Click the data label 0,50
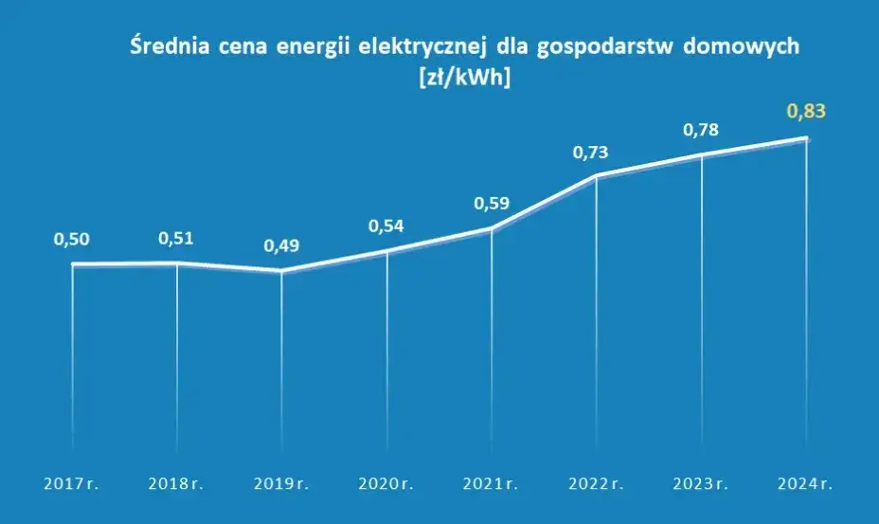click(x=71, y=241)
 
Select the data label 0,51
click(x=176, y=238)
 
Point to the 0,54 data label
click(x=386, y=226)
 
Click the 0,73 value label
click(x=596, y=152)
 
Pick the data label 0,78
click(x=701, y=130)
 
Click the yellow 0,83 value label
click(x=806, y=112)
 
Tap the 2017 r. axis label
click(x=71, y=484)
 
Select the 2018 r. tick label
click(x=176, y=484)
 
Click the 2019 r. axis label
click(x=281, y=484)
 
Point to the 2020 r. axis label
click(x=386, y=484)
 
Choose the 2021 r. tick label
click(x=491, y=484)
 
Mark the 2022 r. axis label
click(x=596, y=484)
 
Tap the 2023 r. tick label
click(x=701, y=484)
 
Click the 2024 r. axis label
click(x=806, y=484)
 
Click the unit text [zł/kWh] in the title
click(x=463, y=79)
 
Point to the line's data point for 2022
click(x=596, y=176)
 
